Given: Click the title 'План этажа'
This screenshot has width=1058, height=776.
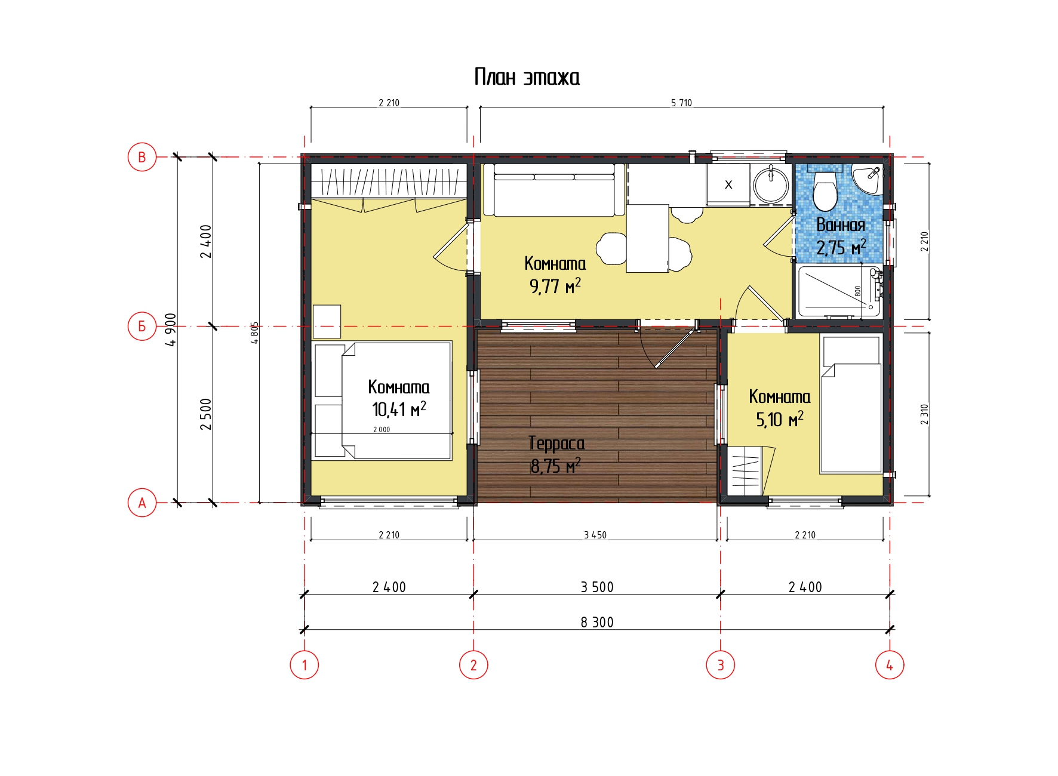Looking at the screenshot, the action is [527, 77].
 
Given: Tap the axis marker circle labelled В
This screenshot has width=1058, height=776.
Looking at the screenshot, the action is [142, 157].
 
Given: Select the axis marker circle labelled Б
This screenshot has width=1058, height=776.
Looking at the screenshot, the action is [142, 326].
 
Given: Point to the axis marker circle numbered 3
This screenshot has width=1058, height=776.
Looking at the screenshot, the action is [720, 664].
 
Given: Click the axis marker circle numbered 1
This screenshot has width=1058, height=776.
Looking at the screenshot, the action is [305, 664].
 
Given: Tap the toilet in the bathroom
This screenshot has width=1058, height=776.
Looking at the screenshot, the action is [826, 188].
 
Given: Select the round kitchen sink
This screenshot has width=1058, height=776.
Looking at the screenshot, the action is [771, 185].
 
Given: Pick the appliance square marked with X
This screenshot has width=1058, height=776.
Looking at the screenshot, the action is [728, 185].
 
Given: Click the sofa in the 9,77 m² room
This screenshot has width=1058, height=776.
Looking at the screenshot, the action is [554, 190].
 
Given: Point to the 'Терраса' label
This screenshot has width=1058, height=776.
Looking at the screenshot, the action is [556, 444].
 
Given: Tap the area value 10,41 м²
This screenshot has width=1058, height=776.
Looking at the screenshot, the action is [399, 409].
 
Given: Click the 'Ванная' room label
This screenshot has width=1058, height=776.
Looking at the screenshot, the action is [841, 225].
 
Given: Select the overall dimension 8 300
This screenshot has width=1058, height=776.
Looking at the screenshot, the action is [597, 622].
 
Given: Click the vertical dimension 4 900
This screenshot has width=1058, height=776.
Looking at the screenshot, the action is [171, 330].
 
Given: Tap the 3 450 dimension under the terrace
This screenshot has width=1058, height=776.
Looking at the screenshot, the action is [595, 535].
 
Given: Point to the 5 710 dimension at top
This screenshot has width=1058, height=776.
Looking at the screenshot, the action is [681, 103].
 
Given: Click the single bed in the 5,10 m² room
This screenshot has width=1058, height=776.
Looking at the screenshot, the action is [851, 404].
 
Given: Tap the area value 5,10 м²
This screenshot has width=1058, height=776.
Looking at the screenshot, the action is [780, 420].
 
